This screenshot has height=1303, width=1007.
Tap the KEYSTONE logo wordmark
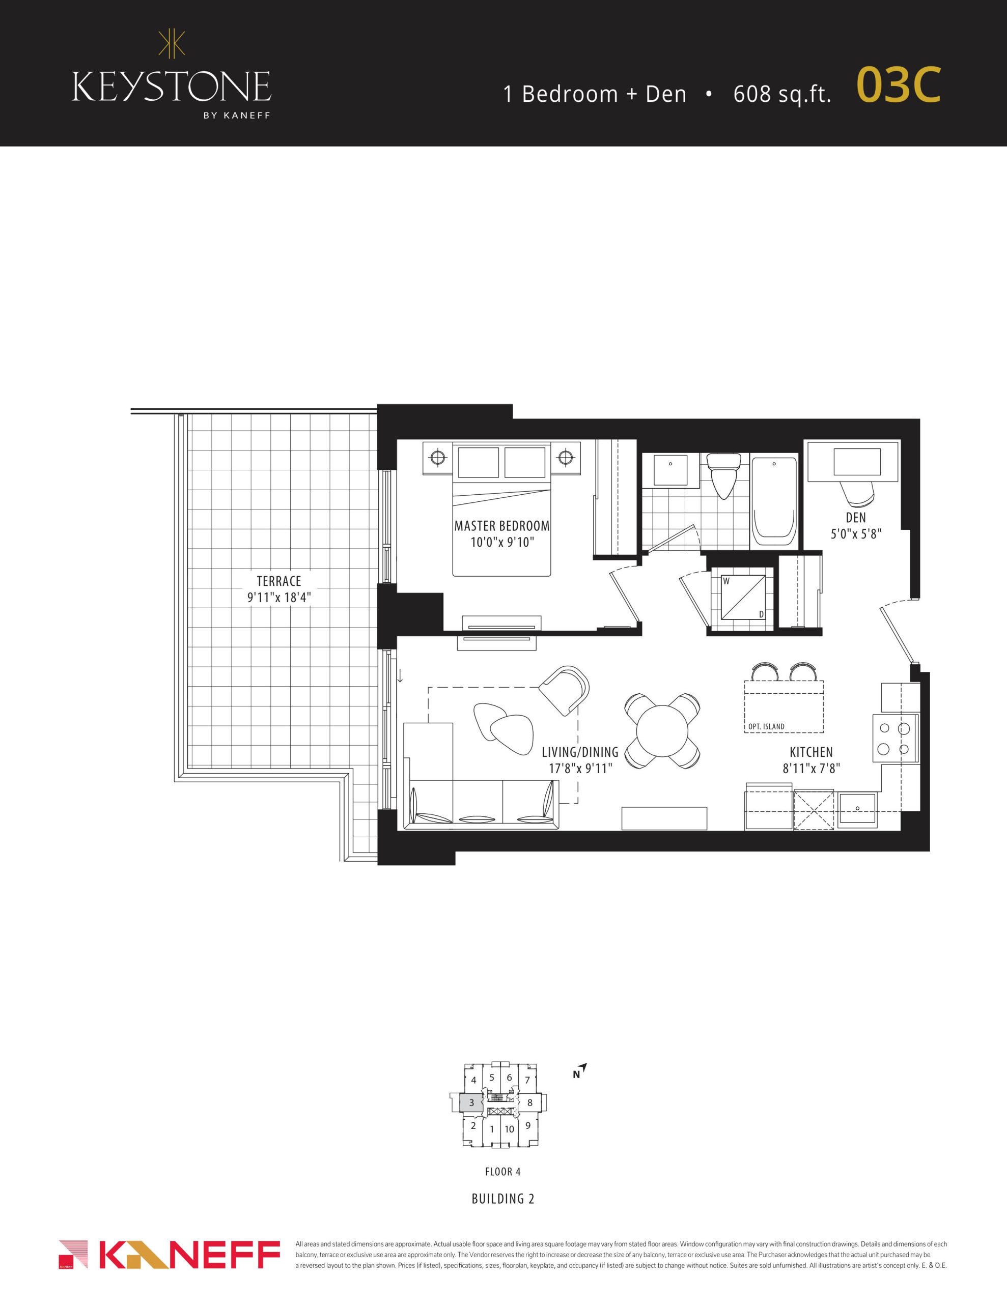point(172,87)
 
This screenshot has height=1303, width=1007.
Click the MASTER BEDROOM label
point(501,526)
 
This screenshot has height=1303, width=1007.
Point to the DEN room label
point(855,518)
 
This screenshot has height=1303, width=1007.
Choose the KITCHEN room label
point(810,752)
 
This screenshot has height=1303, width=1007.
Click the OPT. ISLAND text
point(766,727)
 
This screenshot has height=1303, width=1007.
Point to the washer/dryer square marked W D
point(744,599)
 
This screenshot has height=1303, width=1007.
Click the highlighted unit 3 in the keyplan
point(471,1102)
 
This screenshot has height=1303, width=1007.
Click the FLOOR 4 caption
point(502,1172)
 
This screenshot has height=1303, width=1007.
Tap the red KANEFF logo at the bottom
point(170,1255)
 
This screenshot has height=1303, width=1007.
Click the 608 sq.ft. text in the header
point(782,94)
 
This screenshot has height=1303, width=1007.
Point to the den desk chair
point(857,492)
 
